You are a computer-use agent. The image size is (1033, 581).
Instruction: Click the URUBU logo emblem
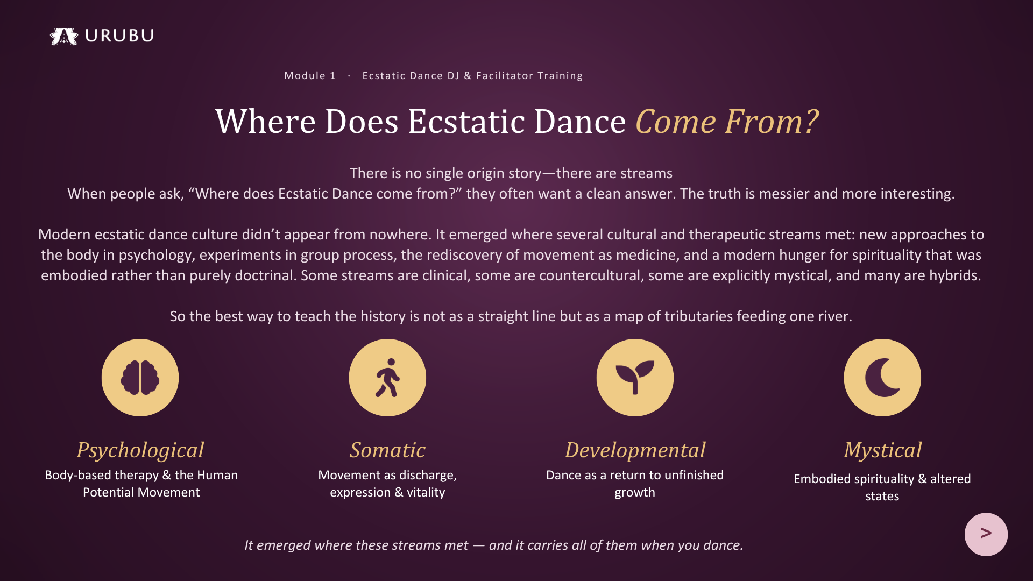64,36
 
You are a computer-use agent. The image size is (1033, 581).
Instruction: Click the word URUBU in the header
119,36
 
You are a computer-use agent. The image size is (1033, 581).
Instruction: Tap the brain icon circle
140,378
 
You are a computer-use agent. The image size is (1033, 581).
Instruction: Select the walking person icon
387,378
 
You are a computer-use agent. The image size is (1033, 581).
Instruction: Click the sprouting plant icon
635,378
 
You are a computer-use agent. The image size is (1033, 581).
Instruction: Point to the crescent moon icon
882,378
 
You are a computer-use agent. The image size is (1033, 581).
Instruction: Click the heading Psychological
140,450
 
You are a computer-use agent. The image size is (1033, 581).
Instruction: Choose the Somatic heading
387,450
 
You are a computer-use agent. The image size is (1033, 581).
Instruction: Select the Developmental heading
635,450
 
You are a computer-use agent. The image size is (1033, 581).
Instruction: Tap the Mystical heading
882,450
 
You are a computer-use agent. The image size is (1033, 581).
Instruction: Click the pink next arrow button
986,534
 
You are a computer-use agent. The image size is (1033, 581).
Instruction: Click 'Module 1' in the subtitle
310,76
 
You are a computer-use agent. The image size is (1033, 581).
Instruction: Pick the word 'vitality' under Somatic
426,492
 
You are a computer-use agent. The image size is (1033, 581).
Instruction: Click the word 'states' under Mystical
882,496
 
